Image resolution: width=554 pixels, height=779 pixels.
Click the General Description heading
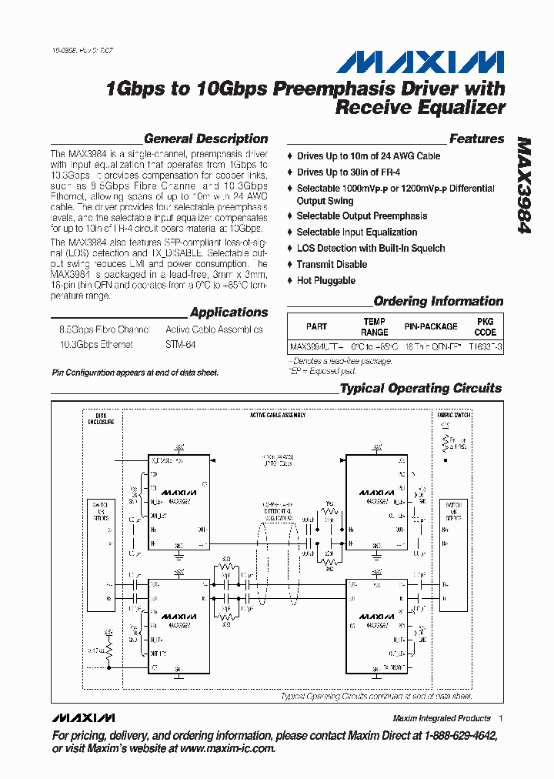(205, 139)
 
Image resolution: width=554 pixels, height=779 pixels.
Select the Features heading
(476, 139)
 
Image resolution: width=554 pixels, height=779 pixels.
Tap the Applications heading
(229, 313)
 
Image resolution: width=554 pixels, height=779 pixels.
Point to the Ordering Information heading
(438, 302)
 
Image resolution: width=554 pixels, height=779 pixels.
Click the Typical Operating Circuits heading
(421, 389)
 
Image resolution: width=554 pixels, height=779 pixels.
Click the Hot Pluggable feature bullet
(325, 281)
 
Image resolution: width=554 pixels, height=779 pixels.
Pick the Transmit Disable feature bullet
(332, 265)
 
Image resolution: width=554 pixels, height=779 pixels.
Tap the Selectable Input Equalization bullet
(357, 232)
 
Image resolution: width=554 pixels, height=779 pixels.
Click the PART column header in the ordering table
(316, 326)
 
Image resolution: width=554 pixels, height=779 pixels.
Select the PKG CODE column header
(485, 326)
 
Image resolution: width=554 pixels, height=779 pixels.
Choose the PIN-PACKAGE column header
(431, 326)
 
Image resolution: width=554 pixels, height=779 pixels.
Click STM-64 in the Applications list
(181, 345)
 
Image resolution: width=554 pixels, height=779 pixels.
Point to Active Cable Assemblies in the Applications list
(214, 329)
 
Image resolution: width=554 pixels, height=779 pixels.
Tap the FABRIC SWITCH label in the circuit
(454, 415)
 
